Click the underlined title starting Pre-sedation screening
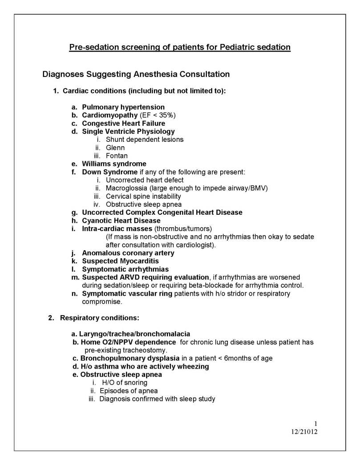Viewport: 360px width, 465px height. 180,48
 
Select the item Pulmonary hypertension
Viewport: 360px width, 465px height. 123,107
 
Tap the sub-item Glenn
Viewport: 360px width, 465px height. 115,148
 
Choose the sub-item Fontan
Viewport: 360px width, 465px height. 117,156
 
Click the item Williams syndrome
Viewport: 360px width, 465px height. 114,164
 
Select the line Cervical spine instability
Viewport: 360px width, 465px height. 143,196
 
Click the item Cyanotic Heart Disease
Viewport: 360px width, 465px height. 121,220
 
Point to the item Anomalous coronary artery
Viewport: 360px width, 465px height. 128,253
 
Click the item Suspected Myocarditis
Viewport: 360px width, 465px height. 120,261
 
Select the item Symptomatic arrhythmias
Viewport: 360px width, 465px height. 125,269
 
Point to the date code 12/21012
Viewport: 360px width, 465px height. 302,432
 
